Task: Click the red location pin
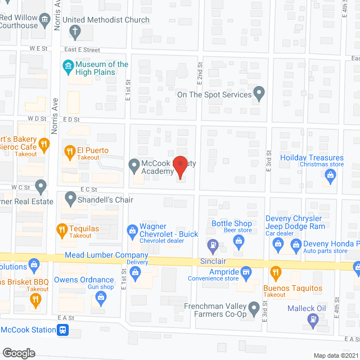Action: coord(179,166)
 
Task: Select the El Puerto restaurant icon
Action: coord(70,151)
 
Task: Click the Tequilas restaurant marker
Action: coord(62,229)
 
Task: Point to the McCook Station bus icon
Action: coord(64,330)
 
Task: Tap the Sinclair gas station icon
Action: coord(213,245)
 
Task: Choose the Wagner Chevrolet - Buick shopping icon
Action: coord(133,229)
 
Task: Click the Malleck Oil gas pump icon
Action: coord(313,319)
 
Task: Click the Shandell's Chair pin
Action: coord(70,198)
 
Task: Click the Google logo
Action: coord(19,353)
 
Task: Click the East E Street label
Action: coord(82,50)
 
